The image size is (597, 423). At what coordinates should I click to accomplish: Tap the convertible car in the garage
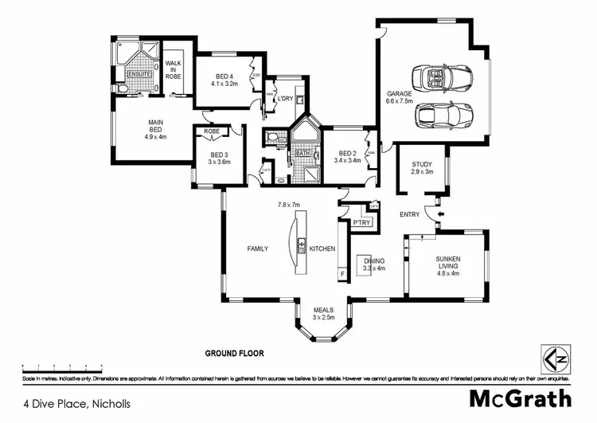click(443, 78)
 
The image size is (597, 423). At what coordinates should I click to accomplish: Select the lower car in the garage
click(445, 117)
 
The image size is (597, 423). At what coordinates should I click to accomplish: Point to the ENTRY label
click(410, 214)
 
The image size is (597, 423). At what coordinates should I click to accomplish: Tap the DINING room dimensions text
click(374, 268)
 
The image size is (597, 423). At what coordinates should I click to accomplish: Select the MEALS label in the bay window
click(322, 309)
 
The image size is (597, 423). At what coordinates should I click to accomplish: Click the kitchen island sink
click(301, 245)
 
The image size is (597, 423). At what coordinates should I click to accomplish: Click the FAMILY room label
click(256, 249)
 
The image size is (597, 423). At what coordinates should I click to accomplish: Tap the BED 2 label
click(346, 154)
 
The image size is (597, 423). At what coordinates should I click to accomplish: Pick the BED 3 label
click(220, 155)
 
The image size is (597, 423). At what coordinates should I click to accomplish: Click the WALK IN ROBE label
click(174, 69)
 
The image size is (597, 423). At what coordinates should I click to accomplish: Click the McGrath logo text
click(520, 397)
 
